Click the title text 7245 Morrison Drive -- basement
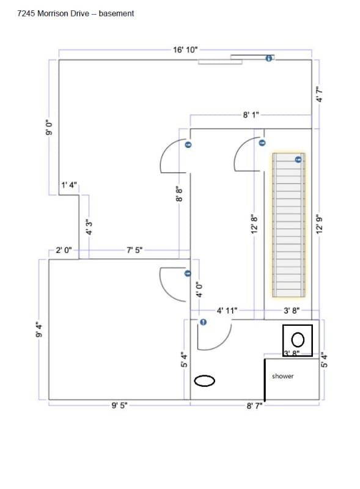click(76, 13)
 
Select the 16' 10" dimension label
click(185, 50)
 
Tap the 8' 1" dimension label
click(251, 115)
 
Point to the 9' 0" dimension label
click(49, 127)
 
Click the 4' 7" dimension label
click(318, 94)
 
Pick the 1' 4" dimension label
click(69, 185)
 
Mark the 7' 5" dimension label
click(134, 250)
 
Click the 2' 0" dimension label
click(64, 250)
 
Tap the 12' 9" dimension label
click(318, 224)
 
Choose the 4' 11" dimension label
click(227, 311)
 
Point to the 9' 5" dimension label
click(119, 405)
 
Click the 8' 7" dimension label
click(252, 405)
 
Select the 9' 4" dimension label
click(40, 330)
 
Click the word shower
click(282, 376)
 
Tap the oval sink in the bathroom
click(205, 380)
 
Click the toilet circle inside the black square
click(298, 339)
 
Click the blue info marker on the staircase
click(298, 160)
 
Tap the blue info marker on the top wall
click(269, 58)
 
